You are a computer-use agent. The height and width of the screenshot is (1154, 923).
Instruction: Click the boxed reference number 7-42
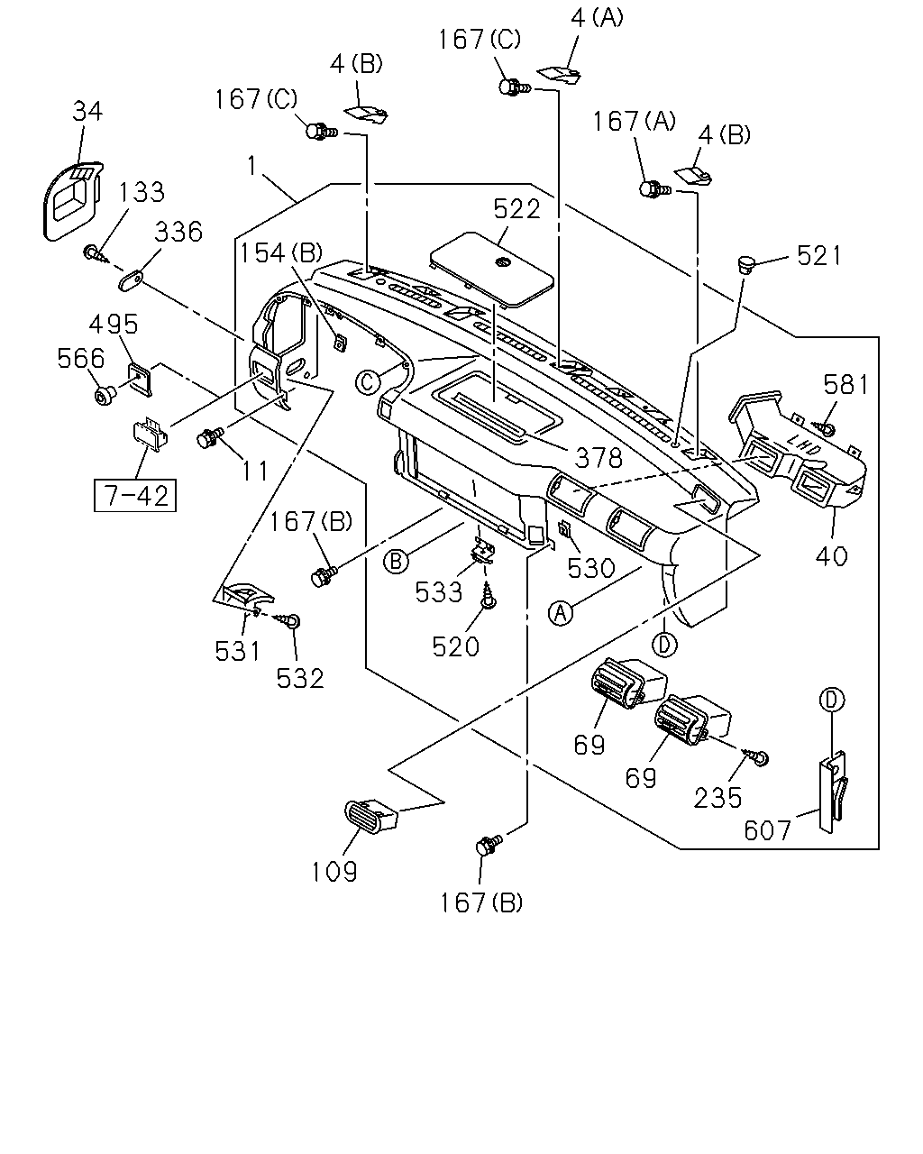tap(135, 496)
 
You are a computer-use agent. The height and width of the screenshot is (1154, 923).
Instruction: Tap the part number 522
tap(516, 208)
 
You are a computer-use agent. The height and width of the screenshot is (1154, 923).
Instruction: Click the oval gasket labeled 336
tap(131, 279)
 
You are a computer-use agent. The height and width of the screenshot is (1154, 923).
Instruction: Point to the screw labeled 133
tap(95, 253)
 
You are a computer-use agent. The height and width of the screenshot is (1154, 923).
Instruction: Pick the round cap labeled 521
tap(745, 264)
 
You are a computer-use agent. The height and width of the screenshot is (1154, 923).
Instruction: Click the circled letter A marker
tap(561, 613)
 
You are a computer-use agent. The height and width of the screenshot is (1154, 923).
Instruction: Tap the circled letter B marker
tap(396, 562)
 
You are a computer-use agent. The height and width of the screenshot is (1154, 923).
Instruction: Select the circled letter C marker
tap(368, 382)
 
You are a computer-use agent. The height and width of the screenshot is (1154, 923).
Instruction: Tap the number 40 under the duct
tap(831, 556)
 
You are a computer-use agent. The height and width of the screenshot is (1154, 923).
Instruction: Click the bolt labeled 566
tap(105, 396)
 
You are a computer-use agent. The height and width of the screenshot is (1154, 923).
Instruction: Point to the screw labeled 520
tap(489, 596)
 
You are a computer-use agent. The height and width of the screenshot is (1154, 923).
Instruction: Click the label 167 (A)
tap(634, 122)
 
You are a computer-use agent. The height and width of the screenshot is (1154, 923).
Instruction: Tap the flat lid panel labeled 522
tap(491, 270)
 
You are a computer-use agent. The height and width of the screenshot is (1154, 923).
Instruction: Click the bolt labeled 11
tap(210, 437)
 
